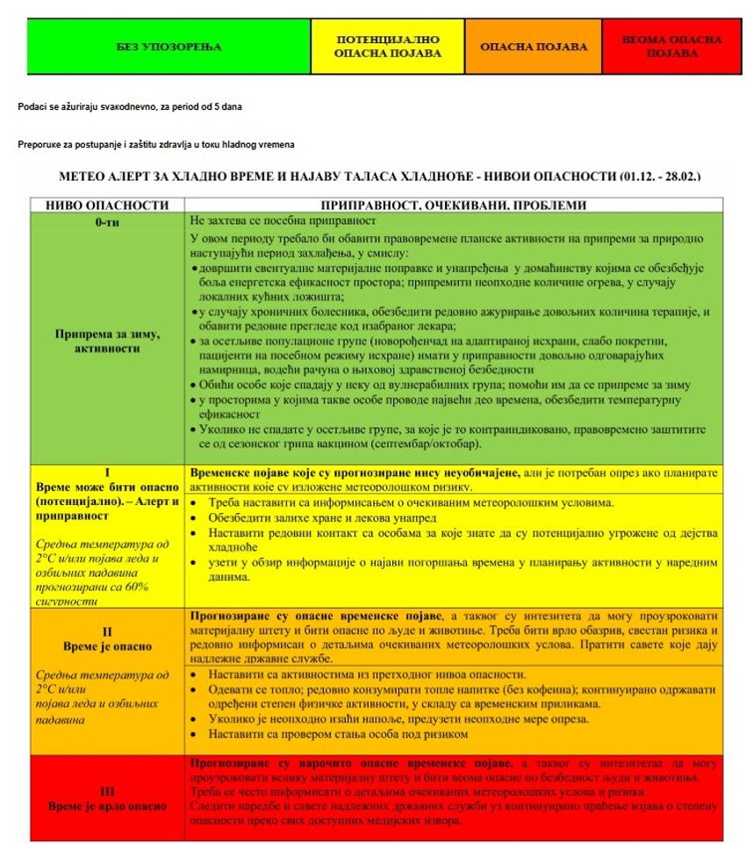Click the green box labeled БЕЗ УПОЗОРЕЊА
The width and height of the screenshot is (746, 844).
169,47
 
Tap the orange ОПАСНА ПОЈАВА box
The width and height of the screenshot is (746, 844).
533,47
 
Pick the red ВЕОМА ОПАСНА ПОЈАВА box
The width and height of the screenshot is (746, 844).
671,47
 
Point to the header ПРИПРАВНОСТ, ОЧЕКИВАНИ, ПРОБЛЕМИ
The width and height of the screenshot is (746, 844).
454,206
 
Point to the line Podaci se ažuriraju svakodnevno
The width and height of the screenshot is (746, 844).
129,106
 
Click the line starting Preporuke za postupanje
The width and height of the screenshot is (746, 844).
155,144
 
